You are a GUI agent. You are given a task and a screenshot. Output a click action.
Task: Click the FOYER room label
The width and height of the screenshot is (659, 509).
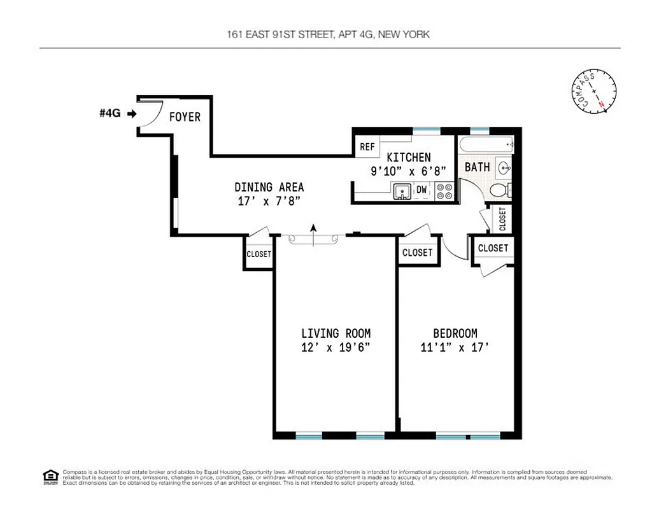coord(185,117)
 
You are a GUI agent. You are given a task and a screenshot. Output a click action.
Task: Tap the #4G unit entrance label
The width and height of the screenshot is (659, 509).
coord(110,114)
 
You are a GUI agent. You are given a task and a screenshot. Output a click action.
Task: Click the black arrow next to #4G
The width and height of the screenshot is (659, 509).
coord(132,114)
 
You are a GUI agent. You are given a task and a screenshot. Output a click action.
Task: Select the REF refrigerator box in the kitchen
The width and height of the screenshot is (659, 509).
coord(367,146)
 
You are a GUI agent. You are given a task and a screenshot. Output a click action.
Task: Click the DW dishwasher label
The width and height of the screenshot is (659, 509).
coord(422,190)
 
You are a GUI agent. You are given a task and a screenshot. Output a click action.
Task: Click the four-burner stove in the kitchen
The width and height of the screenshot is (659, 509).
coord(444,191)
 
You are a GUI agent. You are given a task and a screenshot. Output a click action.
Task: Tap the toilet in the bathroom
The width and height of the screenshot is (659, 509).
coord(502,190)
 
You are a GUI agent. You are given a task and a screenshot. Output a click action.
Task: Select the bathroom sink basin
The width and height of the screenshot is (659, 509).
coord(504,169)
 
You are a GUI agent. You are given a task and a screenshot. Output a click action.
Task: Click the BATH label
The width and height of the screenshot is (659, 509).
coord(477,167)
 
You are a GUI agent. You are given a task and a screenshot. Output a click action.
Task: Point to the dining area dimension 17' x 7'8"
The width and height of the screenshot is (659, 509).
coord(268,200)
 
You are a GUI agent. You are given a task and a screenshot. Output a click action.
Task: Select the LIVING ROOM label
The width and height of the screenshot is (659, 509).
coord(336,333)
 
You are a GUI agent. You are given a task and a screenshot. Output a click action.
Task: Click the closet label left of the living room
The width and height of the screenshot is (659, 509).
coord(259,254)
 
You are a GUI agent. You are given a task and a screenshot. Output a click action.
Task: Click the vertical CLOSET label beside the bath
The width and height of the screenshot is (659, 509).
coord(502,219)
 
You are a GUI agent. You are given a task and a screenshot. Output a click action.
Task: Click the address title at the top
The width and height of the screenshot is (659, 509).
coord(329,34)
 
